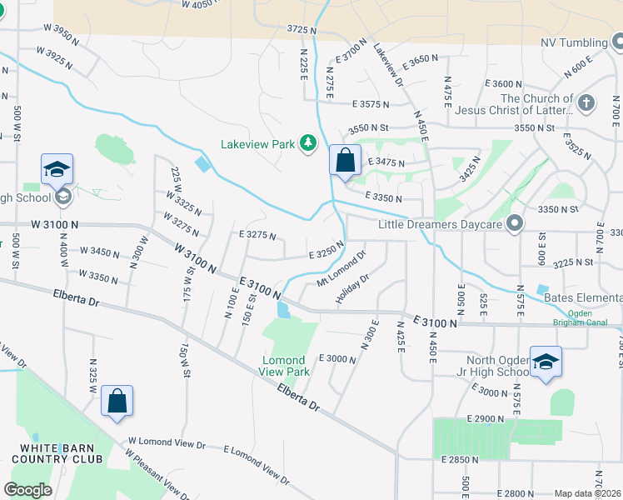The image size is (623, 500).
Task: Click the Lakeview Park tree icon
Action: coord(309,144)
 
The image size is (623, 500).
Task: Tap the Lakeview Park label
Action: coord(258,144)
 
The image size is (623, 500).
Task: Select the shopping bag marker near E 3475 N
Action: coord(345,160)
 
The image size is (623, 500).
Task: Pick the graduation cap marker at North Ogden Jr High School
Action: coord(546,362)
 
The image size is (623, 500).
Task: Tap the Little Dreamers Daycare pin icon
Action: coord(516,223)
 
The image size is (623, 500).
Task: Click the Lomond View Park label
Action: coord(286,366)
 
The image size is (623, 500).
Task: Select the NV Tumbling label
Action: coord(575,42)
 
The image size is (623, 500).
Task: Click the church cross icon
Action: coord(587,103)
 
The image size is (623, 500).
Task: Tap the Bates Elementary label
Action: coord(582,297)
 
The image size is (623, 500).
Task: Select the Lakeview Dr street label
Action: coord(388,66)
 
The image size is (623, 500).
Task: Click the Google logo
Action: coord(27,490)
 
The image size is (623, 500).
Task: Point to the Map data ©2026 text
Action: coord(587,493)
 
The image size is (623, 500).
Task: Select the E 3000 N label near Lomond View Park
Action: coord(336,359)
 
